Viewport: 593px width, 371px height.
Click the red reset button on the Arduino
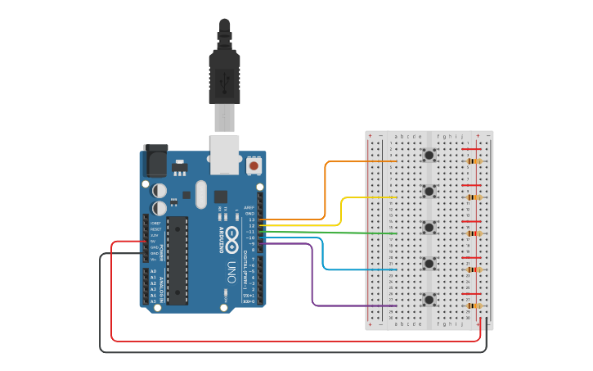click(x=254, y=165)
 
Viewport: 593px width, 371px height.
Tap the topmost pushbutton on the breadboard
click(x=429, y=155)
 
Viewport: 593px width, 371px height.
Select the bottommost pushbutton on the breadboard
click(x=429, y=299)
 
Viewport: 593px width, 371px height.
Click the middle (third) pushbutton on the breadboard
click(x=429, y=227)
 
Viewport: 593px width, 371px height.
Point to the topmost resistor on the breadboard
click(x=474, y=161)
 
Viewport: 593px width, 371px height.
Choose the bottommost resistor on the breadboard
click(x=474, y=305)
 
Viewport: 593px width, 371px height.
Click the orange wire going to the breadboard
click(x=360, y=161)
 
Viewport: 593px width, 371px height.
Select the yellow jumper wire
click(x=368, y=197)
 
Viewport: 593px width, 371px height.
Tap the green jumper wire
click(x=360, y=233)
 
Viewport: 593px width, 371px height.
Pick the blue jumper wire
click(x=360, y=269)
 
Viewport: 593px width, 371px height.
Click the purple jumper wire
click(x=352, y=305)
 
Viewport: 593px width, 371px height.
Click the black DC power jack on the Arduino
click(x=155, y=161)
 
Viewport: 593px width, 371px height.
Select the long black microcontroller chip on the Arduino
click(x=177, y=259)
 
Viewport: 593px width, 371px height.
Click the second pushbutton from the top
click(x=429, y=191)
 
